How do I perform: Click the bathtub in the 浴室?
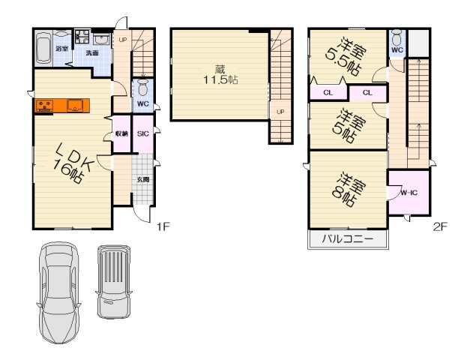[44, 48]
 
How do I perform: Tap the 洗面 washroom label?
[92, 52]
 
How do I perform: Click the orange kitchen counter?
[62, 106]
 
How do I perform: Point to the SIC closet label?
[143, 133]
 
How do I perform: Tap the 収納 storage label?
[121, 133]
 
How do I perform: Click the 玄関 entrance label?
[142, 179]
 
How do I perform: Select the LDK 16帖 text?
[73, 163]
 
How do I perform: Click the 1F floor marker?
[163, 226]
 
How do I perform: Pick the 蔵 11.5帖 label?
[220, 75]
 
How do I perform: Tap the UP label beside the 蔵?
[281, 112]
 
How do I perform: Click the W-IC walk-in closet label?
[409, 193]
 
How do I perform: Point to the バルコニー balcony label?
[348, 238]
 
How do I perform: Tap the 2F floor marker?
[440, 226]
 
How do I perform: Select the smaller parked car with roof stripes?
[114, 282]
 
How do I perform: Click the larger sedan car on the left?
[59, 292]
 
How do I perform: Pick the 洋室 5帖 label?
[349, 125]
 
